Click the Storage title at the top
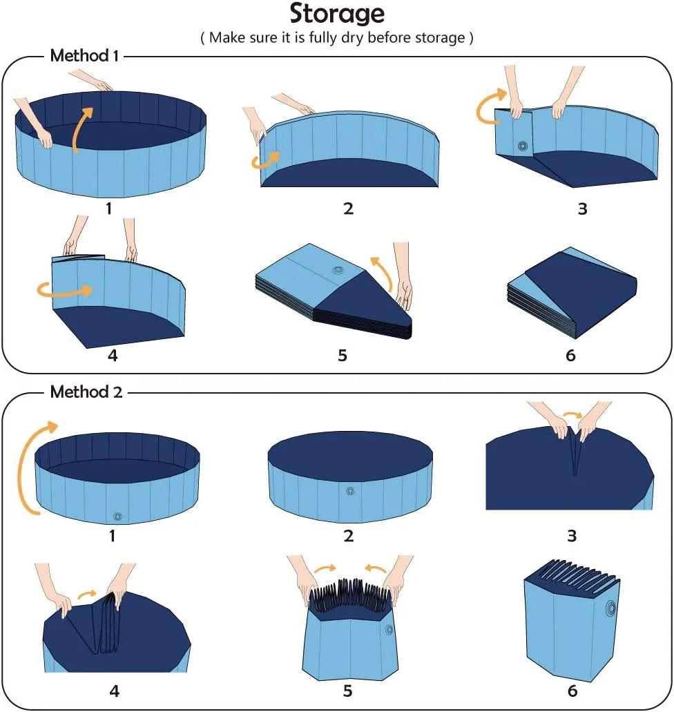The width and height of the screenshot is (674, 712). [x=336, y=14]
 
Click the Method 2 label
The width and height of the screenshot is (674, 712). [x=86, y=392]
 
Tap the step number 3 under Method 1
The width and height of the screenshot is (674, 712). [x=582, y=209]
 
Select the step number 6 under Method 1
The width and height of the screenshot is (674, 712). [x=570, y=356]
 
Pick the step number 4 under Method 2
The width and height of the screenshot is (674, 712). [x=115, y=691]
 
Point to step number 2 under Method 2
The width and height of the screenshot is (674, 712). [x=348, y=535]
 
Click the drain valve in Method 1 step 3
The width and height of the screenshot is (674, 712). [x=522, y=146]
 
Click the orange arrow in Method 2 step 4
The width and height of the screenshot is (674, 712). [x=87, y=593]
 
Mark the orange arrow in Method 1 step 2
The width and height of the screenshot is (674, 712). [x=264, y=161]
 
